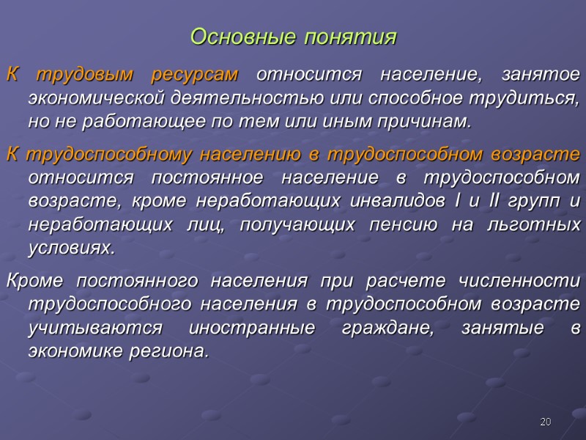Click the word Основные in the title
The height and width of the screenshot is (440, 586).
tap(234, 37)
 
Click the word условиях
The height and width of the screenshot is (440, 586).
tap(71, 247)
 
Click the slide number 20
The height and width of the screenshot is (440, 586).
tap(544, 421)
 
